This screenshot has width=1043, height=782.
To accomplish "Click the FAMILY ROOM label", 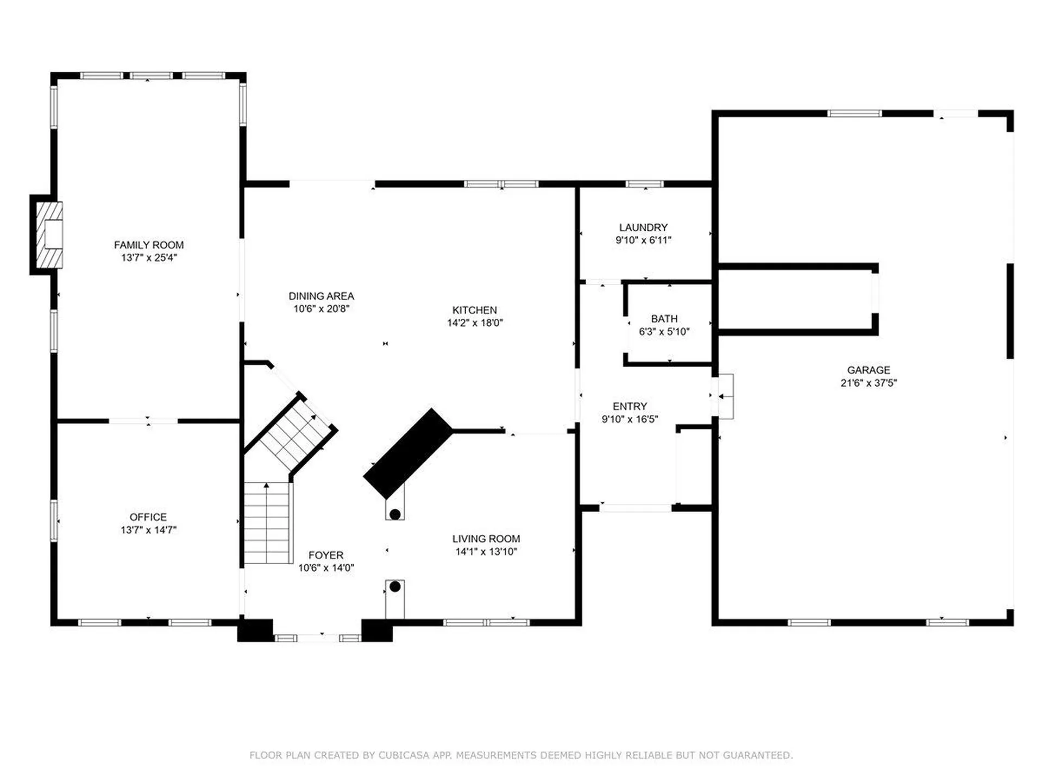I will (x=148, y=245).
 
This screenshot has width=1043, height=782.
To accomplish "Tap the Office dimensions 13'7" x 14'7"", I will (x=148, y=530).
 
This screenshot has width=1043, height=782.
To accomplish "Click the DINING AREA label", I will (x=321, y=296).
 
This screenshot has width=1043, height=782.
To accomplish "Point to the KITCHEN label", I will (x=474, y=310).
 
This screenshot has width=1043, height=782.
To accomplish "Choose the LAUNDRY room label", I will (x=643, y=228).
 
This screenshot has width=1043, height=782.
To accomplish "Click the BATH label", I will (x=664, y=319).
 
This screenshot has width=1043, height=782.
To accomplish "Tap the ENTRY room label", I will (x=630, y=406).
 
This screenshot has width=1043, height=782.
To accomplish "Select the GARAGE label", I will (x=868, y=370).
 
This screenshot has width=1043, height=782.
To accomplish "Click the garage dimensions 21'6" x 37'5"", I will (x=868, y=383).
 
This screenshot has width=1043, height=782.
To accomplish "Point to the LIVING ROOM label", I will (x=486, y=539).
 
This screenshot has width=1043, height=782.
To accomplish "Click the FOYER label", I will (x=325, y=555).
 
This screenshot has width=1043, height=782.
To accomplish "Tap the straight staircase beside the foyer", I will (x=266, y=522).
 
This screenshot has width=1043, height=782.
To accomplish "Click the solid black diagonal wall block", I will (x=408, y=453).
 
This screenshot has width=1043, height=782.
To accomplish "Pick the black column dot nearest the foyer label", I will (x=395, y=586).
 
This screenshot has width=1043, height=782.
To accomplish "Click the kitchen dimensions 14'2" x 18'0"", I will (x=474, y=323).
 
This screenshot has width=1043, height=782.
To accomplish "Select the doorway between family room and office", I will (x=143, y=421).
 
